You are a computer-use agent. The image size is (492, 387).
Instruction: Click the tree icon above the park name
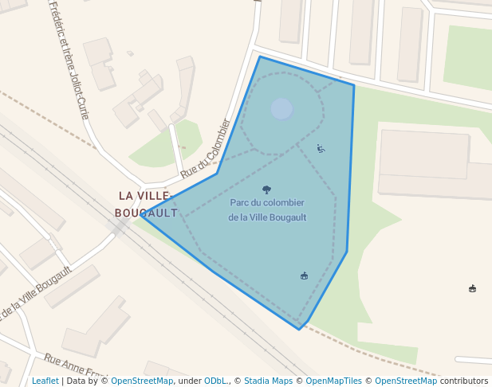(266, 190)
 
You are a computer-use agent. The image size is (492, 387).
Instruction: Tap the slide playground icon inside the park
(321, 148)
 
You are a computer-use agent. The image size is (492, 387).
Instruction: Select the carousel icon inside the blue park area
(304, 276)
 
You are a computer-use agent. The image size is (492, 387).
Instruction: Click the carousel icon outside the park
(473, 288)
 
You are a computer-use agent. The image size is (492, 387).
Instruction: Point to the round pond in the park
(281, 108)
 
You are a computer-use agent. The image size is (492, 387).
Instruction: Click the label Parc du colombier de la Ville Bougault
(267, 209)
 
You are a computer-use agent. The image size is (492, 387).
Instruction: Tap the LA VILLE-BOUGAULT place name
(145, 204)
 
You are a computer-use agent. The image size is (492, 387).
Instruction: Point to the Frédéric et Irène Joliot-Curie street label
(69, 60)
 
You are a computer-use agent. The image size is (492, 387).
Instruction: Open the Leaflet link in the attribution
(45, 381)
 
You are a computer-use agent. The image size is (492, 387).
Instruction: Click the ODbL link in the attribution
(216, 381)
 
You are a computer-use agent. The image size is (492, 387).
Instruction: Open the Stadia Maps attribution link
(268, 381)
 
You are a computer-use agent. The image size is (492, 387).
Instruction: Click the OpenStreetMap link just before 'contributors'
(406, 381)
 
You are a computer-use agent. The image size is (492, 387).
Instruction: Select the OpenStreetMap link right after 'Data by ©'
(142, 381)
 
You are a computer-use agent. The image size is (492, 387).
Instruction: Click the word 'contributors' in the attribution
(464, 381)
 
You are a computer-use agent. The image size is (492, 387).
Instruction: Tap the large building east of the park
(423, 154)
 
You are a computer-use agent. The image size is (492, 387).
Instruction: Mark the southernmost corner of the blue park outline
(300, 329)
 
